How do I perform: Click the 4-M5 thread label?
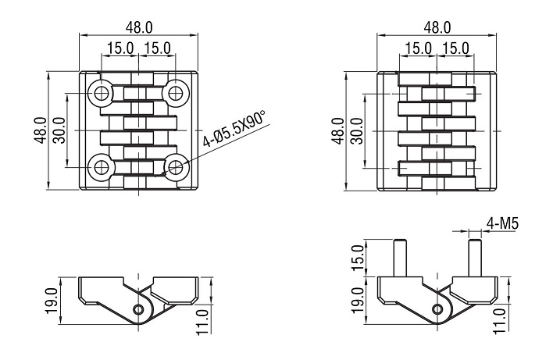(503, 225)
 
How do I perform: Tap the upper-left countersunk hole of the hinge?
(101, 94)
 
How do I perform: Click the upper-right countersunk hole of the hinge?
(177, 94)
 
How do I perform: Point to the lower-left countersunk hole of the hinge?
(101, 166)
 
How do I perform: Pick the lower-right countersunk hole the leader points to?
(177, 166)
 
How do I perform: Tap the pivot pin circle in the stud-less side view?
(138, 310)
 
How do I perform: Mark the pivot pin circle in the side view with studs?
(437, 310)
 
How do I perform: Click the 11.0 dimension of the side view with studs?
(501, 318)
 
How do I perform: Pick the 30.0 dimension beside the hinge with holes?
(59, 130)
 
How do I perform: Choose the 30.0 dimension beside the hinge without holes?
(357, 130)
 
